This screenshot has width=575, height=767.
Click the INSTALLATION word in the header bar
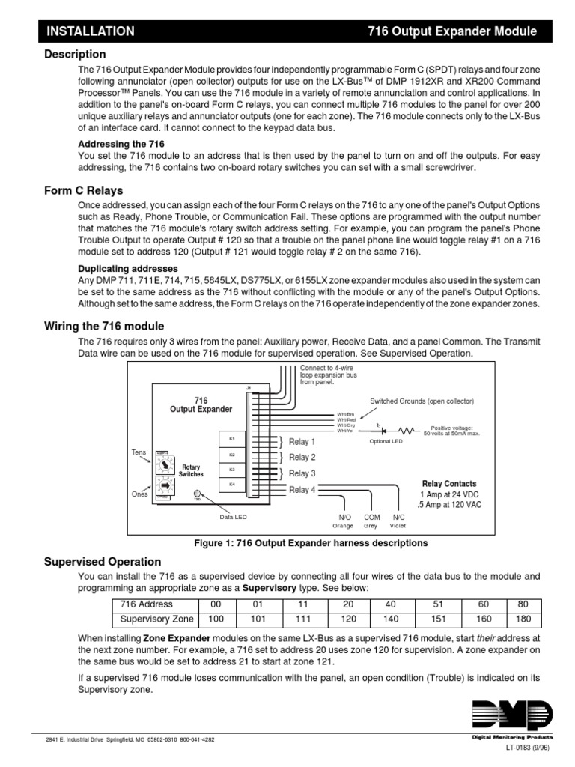(x=91, y=31)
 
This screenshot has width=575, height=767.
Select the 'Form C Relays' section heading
(x=82, y=190)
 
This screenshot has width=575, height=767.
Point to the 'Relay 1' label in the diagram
(x=302, y=442)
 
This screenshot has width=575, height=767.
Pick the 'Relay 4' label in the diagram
(x=302, y=490)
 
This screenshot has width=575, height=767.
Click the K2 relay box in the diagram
(x=231, y=455)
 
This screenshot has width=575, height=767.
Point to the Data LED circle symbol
(x=197, y=494)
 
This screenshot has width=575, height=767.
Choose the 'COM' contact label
(x=372, y=518)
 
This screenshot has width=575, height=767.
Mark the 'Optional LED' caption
(x=386, y=441)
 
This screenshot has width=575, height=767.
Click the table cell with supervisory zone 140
(x=389, y=619)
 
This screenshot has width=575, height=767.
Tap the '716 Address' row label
(x=147, y=604)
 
